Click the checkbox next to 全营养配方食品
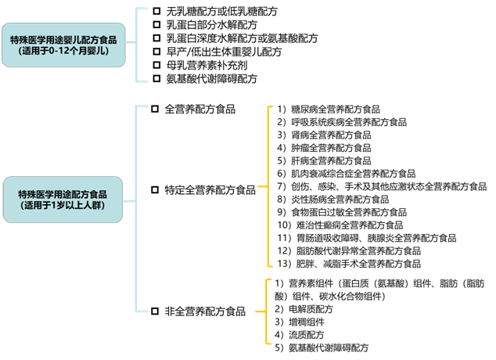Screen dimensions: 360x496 (x=154, y=110)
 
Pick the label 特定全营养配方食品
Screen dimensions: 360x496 (x=210, y=189)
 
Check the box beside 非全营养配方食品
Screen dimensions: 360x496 (x=154, y=311)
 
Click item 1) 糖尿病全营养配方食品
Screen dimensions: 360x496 (x=328, y=110)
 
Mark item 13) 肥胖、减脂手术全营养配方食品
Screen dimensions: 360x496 (x=353, y=263)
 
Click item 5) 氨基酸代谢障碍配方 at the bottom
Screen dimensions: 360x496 (x=321, y=347)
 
